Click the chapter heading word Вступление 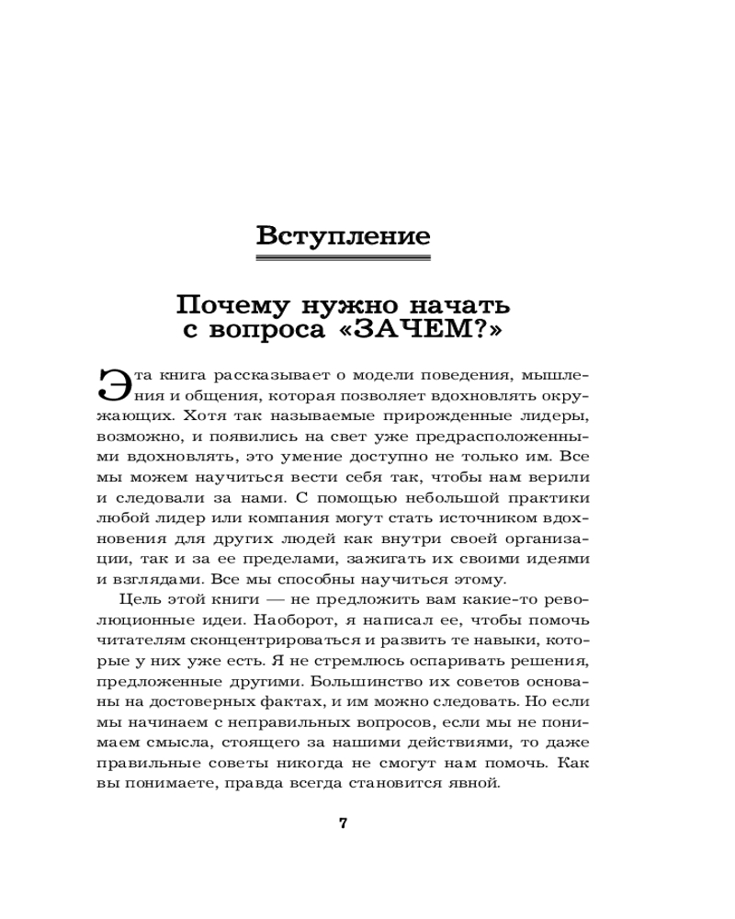click(343, 235)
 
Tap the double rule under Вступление click(343, 258)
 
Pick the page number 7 click(343, 823)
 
